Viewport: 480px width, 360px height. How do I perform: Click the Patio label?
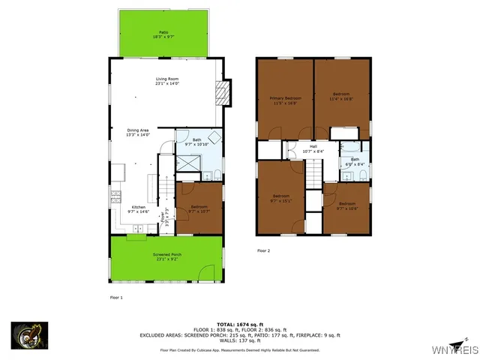tap(163, 34)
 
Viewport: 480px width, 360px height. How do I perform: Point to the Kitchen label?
tap(139, 210)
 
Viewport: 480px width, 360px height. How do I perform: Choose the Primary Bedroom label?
tap(285, 101)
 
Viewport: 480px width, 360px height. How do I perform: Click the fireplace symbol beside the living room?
tap(221, 91)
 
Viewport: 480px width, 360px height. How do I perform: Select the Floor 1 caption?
tap(115, 298)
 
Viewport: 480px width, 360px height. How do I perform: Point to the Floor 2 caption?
tap(262, 250)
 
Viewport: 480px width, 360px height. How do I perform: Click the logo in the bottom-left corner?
tap(29, 335)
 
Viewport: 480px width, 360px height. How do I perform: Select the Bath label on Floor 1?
tap(196, 142)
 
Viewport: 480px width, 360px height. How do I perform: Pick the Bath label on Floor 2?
tap(355, 161)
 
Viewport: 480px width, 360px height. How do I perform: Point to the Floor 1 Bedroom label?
tap(199, 209)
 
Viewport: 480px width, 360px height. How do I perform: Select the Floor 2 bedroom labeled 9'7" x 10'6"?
tap(346, 205)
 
